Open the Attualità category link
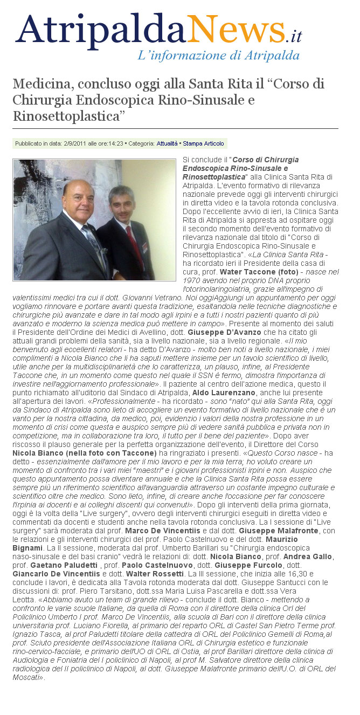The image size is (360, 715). [167, 144]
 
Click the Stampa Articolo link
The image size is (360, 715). [203, 144]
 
